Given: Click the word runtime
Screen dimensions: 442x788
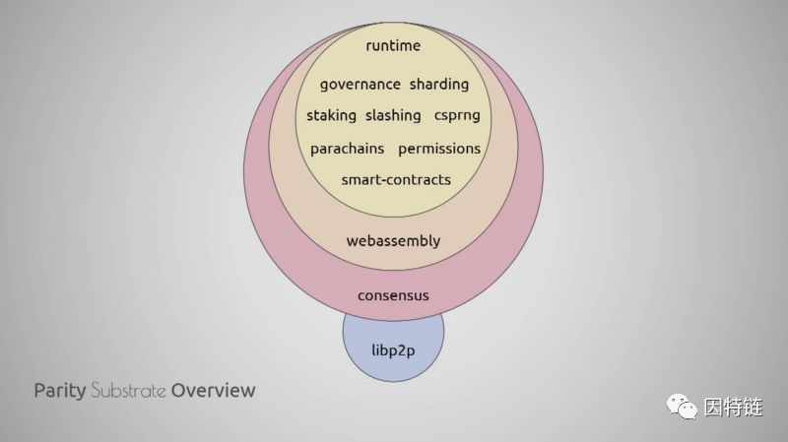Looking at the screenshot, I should pyautogui.click(x=393, y=46).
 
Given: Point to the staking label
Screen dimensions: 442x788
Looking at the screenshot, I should pyautogui.click(x=331, y=115).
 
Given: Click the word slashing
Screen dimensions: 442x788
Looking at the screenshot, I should pyautogui.click(x=393, y=115).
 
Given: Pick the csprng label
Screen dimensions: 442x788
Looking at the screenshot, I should pyautogui.click(x=457, y=115).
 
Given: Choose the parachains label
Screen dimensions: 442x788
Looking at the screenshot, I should pyautogui.click(x=347, y=149).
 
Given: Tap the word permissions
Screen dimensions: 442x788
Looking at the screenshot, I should pyautogui.click(x=439, y=149).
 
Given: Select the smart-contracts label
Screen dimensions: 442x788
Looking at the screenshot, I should pyautogui.click(x=395, y=179).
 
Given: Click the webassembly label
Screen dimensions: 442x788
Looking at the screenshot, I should pyautogui.click(x=393, y=240).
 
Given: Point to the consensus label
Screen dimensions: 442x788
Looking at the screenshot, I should pyautogui.click(x=393, y=295).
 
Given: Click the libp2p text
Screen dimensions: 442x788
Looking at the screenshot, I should pyautogui.click(x=393, y=350).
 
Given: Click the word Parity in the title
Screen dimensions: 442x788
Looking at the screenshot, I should pyautogui.click(x=59, y=391).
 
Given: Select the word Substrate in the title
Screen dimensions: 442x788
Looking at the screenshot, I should pyautogui.click(x=128, y=390).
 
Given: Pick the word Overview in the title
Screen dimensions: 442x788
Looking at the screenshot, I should pyautogui.click(x=213, y=390).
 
